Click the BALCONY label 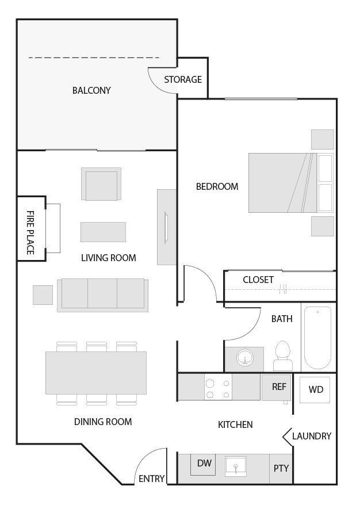pos(91,90)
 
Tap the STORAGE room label pos(183,79)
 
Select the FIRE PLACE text pos(30,232)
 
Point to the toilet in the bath pos(282,357)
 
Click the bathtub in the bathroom pos(317,337)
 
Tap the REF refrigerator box pos(278,387)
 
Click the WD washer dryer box pos(316,390)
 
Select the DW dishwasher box pos(204,464)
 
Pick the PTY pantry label pos(281,468)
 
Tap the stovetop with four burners pos(218,388)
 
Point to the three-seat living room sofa pos(102,294)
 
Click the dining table pos(96,373)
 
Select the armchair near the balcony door pos(101,184)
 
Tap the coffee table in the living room pos(103,232)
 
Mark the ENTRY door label pos(152,479)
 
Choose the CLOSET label pos(258,280)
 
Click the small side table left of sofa pos(43,294)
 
